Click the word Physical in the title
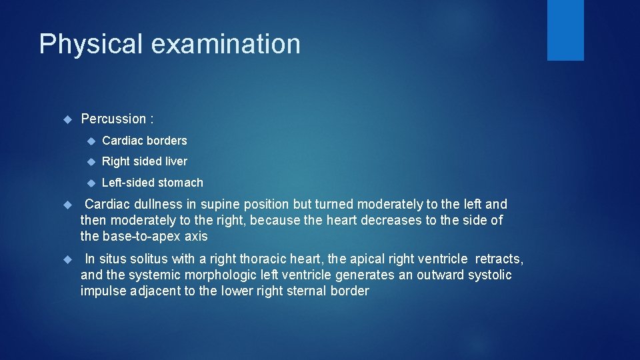click(x=91, y=45)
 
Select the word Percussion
click(x=113, y=119)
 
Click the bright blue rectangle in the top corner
click(x=565, y=30)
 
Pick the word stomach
click(x=181, y=183)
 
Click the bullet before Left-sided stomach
click(x=89, y=183)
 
